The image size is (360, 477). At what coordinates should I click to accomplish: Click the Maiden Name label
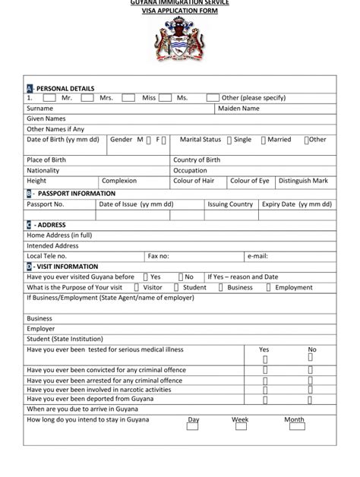(238, 109)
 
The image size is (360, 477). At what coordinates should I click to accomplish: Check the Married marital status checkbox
(263, 141)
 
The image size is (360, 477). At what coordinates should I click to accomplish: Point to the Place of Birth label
(48, 160)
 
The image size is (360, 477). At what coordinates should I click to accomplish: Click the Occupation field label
(190, 171)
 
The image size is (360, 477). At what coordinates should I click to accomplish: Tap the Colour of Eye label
(250, 182)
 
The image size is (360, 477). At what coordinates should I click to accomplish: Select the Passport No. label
(46, 204)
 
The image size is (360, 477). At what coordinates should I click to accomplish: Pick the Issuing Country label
(230, 204)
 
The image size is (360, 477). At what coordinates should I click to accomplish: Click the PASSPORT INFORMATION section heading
(76, 194)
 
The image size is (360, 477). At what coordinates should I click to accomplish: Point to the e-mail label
(257, 257)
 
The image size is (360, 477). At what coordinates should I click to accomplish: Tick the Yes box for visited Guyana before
(145, 277)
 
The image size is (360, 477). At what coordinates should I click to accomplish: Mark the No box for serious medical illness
(311, 359)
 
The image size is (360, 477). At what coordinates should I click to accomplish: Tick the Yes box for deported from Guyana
(265, 397)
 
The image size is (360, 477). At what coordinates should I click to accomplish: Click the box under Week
(240, 427)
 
